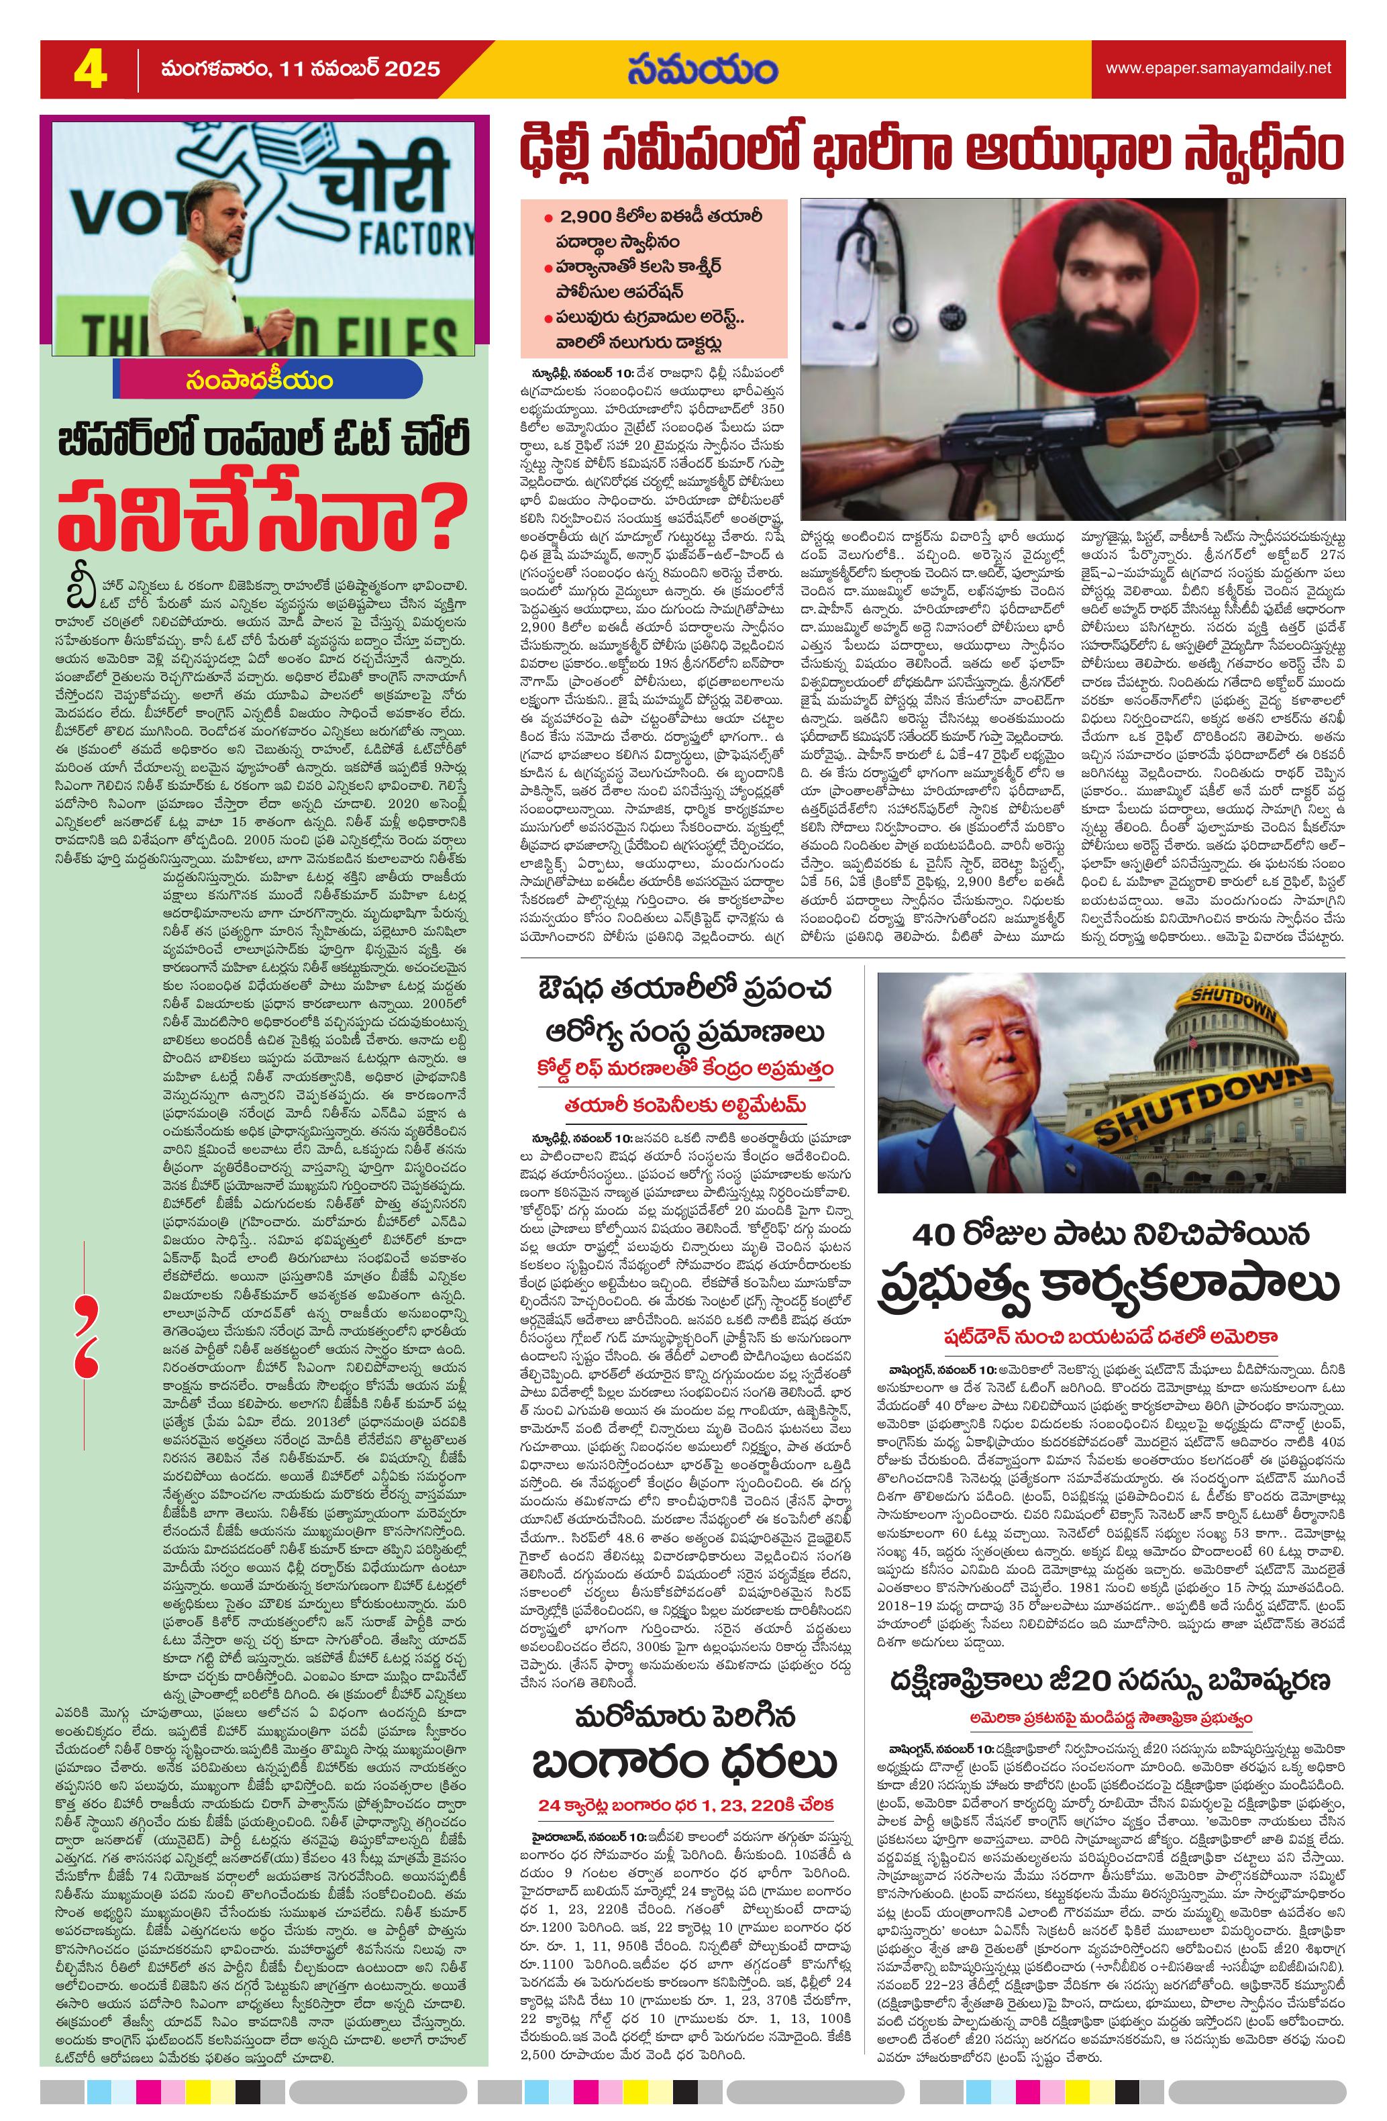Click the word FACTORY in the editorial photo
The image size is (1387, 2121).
[x=416, y=238]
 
